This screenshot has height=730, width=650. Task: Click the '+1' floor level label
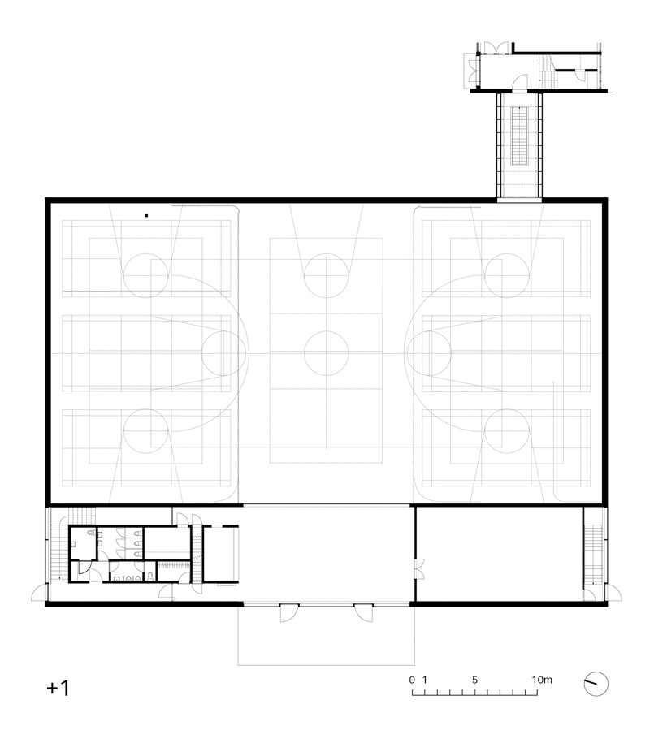(58, 688)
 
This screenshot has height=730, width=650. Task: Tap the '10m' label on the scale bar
(542, 680)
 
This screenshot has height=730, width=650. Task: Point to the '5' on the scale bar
(474, 680)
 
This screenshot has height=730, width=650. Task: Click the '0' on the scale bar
(412, 680)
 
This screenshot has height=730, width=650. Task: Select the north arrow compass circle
(596, 685)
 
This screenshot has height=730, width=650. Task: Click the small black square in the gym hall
(146, 215)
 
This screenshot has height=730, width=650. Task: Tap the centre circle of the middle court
(326, 353)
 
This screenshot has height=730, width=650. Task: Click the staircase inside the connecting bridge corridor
(519, 136)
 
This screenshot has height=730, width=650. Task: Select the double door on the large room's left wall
(420, 569)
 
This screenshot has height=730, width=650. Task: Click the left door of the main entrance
(289, 613)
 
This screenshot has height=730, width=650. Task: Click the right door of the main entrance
(364, 613)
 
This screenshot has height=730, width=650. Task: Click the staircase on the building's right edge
(593, 555)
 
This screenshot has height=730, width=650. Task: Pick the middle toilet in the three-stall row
(138, 543)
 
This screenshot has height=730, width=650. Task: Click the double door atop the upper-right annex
(496, 47)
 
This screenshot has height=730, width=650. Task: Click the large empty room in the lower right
(499, 554)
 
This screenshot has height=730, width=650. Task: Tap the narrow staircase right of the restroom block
(197, 554)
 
